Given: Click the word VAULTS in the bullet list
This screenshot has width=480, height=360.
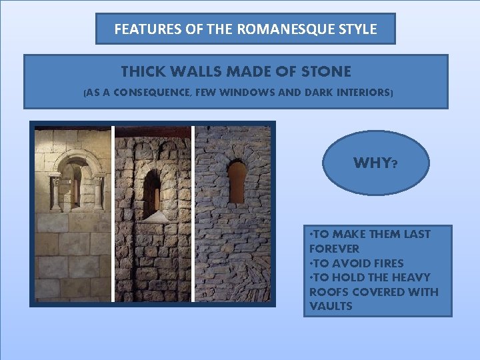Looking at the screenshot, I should tap(331, 307).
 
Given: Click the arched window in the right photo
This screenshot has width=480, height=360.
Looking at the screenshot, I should tap(237, 181).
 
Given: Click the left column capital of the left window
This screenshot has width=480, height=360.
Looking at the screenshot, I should tap(55, 180).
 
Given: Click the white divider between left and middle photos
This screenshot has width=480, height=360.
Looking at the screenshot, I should tap(113, 213).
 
